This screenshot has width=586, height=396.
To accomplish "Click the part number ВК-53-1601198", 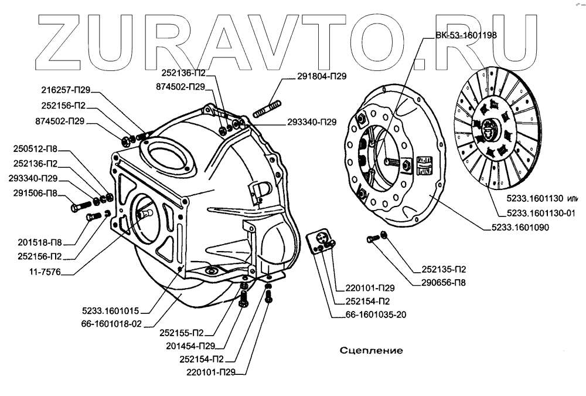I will coord(466,35).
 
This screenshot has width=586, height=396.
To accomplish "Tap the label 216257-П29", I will coord(66,92).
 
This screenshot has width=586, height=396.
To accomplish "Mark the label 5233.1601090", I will coord(516,228).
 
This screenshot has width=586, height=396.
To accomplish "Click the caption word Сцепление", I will coord(372,351).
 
